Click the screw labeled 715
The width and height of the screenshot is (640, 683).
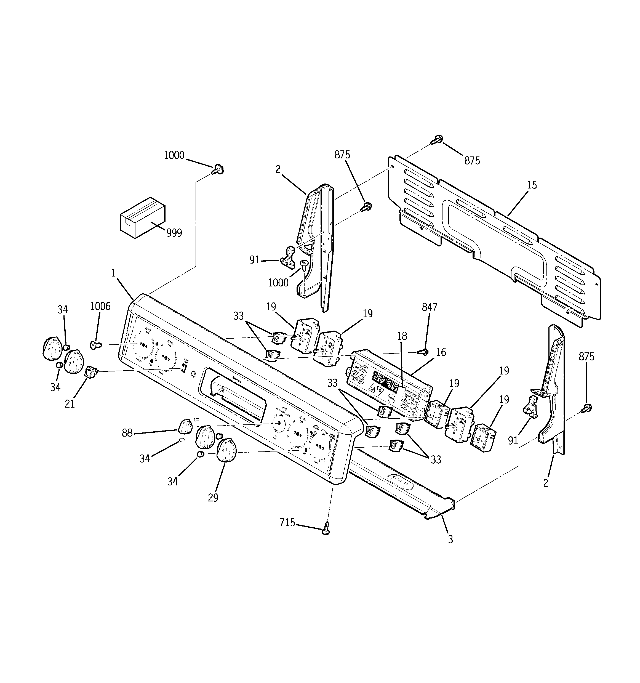[x=326, y=531]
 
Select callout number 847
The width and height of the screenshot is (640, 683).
[x=430, y=307]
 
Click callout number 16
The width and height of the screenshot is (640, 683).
[x=441, y=352]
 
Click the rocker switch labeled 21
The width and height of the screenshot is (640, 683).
[x=91, y=372]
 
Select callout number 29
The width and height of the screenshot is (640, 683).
[x=213, y=498]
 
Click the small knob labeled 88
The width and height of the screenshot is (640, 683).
[x=185, y=426]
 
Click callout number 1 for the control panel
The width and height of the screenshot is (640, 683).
[x=113, y=273]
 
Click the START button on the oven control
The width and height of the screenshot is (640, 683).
[x=391, y=398]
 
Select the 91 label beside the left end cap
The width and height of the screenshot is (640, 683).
[x=254, y=260]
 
